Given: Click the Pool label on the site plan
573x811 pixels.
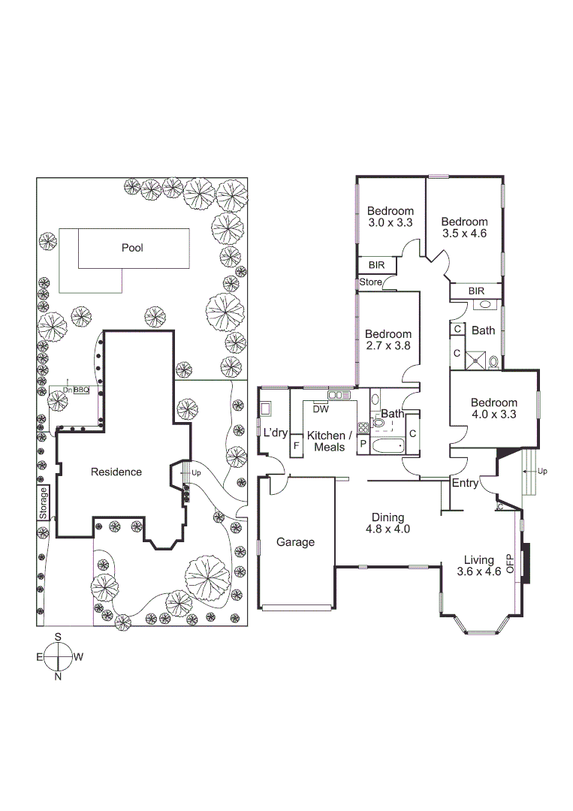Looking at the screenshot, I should [x=132, y=248].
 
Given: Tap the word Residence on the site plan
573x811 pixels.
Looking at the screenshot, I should [x=116, y=472].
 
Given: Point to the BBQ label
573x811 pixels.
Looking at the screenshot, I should [x=81, y=390].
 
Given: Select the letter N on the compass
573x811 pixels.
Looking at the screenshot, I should [x=58, y=676].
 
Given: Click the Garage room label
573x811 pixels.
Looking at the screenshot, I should [x=295, y=541].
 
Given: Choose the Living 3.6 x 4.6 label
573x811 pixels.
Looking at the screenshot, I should [x=478, y=565].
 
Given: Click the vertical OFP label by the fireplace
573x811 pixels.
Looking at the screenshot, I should [x=510, y=564].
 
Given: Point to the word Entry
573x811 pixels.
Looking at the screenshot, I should [x=465, y=484].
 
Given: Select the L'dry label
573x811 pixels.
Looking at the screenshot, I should [x=276, y=433].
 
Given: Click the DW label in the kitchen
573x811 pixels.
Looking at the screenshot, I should [x=321, y=409].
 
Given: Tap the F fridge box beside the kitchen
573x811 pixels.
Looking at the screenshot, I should [x=297, y=445].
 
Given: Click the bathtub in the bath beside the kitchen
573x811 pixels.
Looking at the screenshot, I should [x=387, y=446].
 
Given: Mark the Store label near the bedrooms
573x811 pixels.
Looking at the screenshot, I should [x=370, y=282].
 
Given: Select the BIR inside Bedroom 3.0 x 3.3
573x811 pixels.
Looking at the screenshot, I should [x=376, y=265].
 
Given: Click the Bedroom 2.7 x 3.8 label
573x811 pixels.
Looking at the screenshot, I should [x=388, y=340].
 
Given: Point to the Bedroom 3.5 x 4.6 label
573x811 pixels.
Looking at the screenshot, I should [x=464, y=228].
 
